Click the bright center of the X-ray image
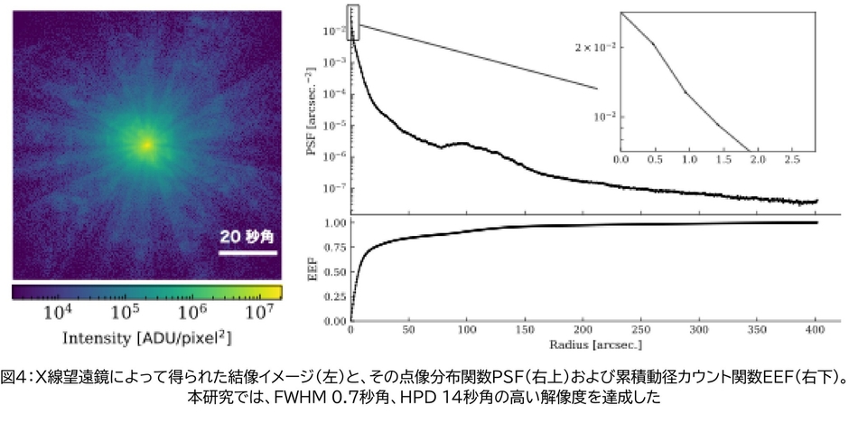tap(146, 144)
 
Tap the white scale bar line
tap(247, 254)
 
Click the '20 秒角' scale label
tap(247, 237)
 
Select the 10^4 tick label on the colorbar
tap(59, 312)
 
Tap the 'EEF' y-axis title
tap(312, 269)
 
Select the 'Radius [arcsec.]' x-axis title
tap(583, 344)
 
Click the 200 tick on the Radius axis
tap(583, 330)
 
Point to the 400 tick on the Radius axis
tap(816, 330)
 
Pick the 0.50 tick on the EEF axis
tap(334, 271)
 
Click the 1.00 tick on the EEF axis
tap(334, 222)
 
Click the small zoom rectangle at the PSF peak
tap(353, 22)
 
